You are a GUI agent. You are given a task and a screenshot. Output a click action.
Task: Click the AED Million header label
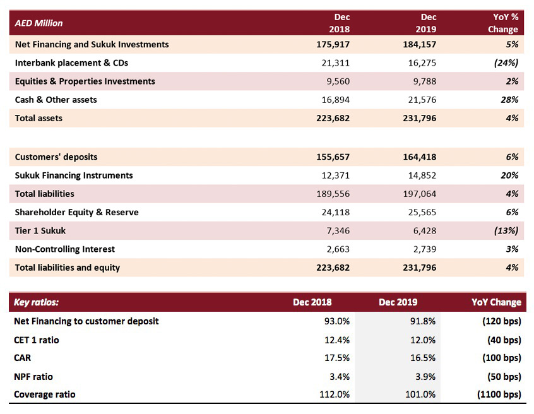(39, 23)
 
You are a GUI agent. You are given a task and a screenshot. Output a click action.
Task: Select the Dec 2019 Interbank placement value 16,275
(422, 63)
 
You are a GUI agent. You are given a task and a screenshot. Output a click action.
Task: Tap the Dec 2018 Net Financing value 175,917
(333, 45)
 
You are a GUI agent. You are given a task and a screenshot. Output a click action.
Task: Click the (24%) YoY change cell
(506, 63)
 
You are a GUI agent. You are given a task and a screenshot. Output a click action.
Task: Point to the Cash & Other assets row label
(56, 100)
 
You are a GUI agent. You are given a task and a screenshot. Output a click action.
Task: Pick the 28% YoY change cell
(509, 100)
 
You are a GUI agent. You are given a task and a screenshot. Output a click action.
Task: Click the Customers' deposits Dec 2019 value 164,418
(419, 157)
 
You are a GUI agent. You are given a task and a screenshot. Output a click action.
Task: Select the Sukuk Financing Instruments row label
(74, 175)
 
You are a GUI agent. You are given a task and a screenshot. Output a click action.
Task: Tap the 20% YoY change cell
(509, 175)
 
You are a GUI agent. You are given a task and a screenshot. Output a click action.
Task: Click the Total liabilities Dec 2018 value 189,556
(333, 194)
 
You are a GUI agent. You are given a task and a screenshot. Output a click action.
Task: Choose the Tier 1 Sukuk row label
(40, 230)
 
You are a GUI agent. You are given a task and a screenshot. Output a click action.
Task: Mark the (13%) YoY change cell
(506, 230)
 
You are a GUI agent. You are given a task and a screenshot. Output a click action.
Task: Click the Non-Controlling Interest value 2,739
(425, 249)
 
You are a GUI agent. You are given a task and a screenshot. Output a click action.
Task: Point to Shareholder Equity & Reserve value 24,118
(335, 212)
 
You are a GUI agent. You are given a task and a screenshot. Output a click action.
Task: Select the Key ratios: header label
(36, 302)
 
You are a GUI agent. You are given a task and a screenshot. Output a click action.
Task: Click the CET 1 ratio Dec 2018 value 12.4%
(337, 340)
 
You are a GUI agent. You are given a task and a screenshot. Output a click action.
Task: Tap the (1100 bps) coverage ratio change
(499, 394)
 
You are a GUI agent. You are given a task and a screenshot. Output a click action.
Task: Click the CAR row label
(23, 358)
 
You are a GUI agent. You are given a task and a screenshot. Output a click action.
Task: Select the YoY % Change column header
(503, 23)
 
